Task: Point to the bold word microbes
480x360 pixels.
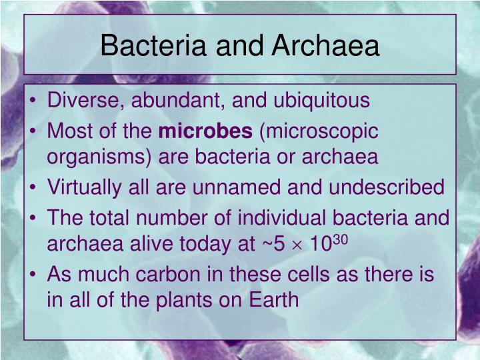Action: (205, 131)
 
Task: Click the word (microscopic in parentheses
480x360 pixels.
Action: (319, 131)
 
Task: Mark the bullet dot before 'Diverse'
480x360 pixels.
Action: (35, 101)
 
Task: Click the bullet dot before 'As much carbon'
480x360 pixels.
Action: (35, 275)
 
